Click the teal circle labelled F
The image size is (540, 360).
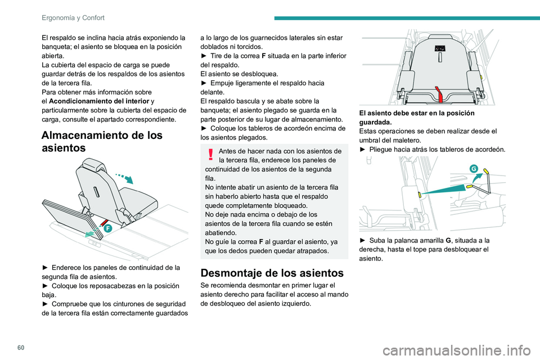(x=107, y=228)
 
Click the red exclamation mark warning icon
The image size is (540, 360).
(x=210, y=155)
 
